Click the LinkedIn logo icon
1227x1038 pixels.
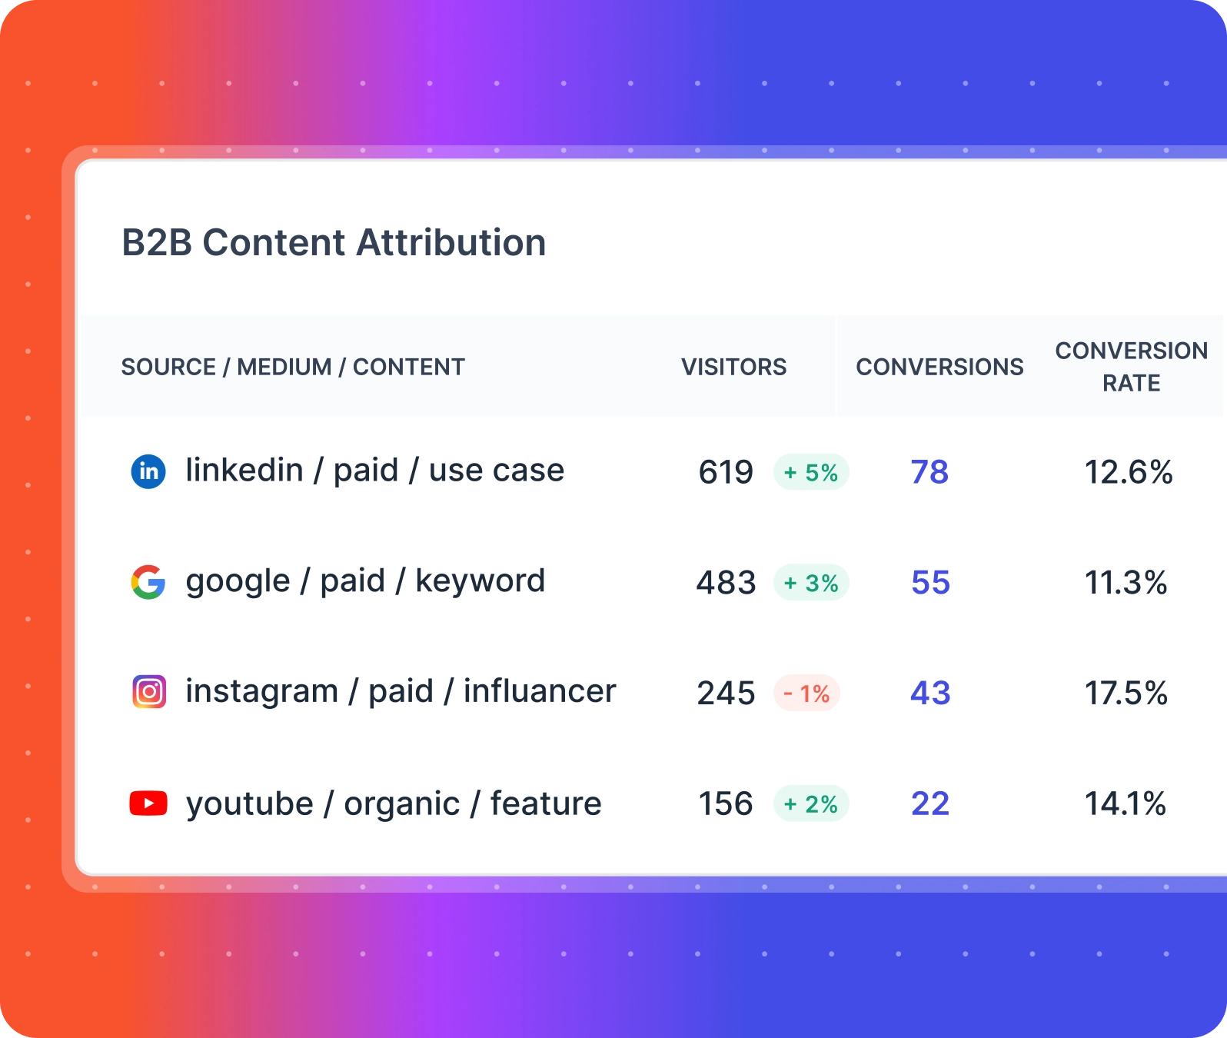point(148,471)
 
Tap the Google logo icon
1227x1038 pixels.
point(148,582)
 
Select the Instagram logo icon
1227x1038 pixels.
point(149,692)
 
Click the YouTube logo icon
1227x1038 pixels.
point(148,803)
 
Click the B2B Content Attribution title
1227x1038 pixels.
point(334,243)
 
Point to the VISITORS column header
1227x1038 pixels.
point(733,367)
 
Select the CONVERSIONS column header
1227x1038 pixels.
point(939,367)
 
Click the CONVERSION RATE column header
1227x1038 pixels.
point(1131,367)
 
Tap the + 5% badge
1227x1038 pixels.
point(811,472)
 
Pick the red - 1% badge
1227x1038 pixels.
point(806,694)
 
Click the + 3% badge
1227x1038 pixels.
point(811,583)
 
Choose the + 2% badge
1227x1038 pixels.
point(811,804)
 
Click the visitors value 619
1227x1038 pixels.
point(726,472)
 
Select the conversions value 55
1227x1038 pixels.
point(930,583)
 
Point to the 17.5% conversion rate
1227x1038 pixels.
point(1126,694)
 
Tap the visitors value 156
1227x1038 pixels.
point(725,804)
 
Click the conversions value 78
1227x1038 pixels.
point(929,472)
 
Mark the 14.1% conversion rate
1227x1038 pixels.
point(1125,804)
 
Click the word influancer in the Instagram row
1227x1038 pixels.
point(540,691)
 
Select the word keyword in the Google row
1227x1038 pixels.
point(480,581)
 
